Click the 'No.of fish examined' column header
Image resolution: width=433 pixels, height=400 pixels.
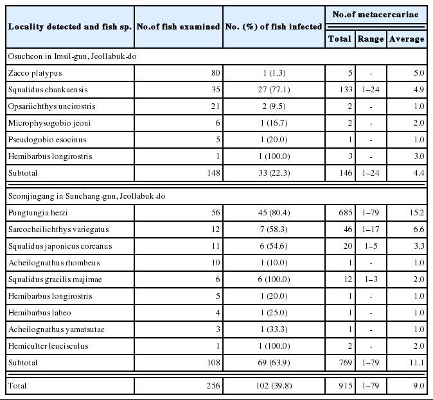(x=179, y=26)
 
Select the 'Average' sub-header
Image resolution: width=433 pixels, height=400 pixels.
(x=406, y=38)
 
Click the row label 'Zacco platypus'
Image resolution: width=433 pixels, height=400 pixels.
(x=33, y=72)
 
